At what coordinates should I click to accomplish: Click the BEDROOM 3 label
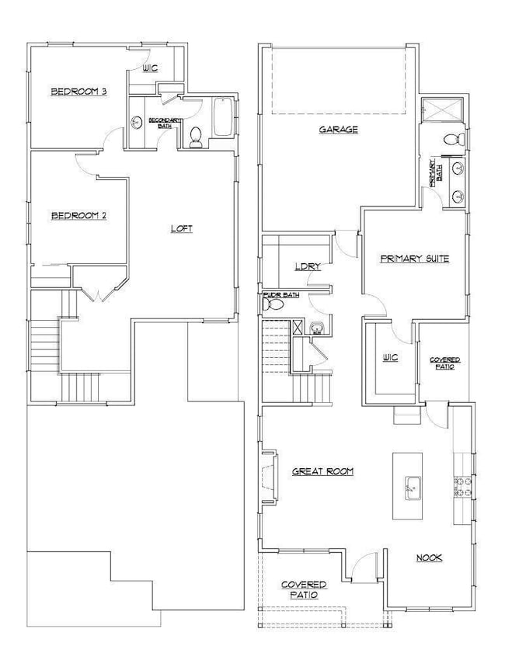coord(78,92)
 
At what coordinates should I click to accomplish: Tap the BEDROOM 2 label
coord(78,215)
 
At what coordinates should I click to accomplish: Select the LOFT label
coord(182,228)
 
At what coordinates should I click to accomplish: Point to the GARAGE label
coord(339,130)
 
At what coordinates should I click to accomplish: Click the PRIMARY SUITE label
coord(415,259)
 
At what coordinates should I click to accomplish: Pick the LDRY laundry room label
coord(308,266)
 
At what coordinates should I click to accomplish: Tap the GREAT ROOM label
coord(322,471)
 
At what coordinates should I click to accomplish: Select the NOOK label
coord(429,557)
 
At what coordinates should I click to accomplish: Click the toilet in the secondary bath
coord(196,138)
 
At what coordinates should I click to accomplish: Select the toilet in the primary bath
coord(454,140)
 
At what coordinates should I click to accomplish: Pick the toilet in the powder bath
coord(273,306)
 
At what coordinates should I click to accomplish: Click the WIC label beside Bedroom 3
coord(150,68)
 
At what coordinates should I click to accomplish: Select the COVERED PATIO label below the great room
coord(304,589)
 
